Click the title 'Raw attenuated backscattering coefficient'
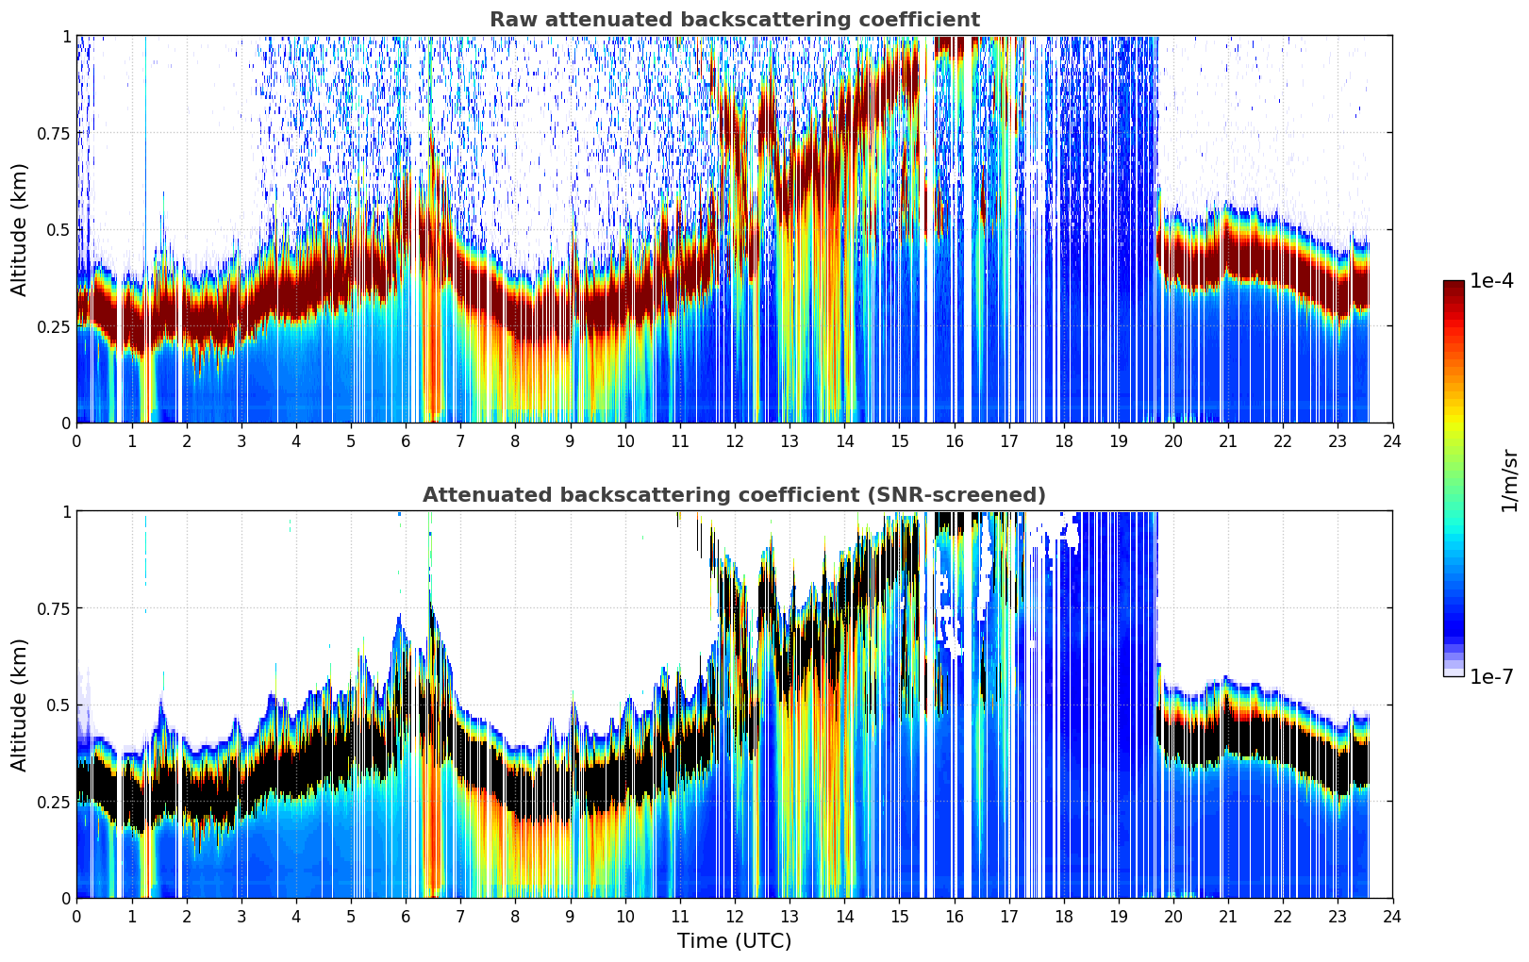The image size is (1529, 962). click(x=735, y=19)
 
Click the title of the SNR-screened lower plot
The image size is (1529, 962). click(x=735, y=494)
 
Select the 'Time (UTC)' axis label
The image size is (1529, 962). click(x=735, y=941)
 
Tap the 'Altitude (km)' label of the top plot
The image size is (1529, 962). click(x=19, y=229)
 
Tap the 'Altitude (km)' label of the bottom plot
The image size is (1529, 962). click(x=19, y=705)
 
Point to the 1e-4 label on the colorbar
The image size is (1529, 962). click(x=1491, y=280)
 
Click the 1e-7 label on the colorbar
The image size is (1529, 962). click(x=1491, y=677)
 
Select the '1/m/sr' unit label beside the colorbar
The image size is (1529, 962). click(x=1509, y=480)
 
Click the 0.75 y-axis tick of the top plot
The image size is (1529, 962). click(x=54, y=133)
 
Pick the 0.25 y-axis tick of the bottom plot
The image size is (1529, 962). click(x=54, y=802)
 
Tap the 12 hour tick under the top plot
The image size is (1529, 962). click(x=735, y=440)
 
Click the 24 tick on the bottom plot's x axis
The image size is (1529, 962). click(x=1392, y=917)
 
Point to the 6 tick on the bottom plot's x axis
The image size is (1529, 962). click(x=406, y=917)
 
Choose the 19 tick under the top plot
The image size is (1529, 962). click(x=1118, y=440)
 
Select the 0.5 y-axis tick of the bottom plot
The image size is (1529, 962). click(x=58, y=705)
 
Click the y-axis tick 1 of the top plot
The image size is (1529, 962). click(x=67, y=36)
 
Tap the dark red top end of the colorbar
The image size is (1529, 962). click(x=1454, y=285)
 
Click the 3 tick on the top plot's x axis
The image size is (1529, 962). click(x=241, y=440)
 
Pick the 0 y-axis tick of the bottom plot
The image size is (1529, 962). click(x=66, y=899)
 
